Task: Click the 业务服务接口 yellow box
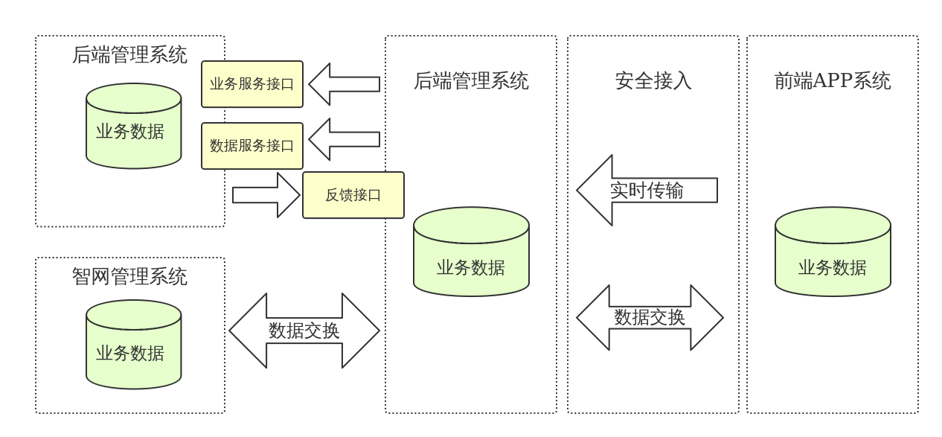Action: click(252, 84)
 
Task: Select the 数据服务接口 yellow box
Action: click(252, 146)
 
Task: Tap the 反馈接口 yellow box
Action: click(353, 195)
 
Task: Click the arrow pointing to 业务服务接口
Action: click(344, 84)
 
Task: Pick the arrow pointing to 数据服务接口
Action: click(344, 139)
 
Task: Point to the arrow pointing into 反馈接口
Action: click(266, 195)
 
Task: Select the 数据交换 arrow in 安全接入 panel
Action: click(650, 318)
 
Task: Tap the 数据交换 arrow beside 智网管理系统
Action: click(304, 331)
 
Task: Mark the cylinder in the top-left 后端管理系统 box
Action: click(134, 126)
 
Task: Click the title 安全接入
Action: click(653, 80)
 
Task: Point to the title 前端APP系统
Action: click(833, 80)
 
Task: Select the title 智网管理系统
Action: click(130, 276)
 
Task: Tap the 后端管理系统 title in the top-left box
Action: click(130, 54)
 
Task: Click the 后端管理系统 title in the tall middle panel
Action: click(471, 80)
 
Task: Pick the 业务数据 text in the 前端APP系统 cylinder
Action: click(833, 268)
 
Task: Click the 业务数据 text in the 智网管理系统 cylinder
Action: click(130, 354)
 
